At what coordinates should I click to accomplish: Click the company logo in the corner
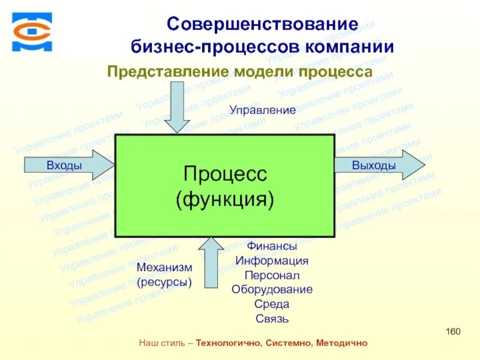click(x=32, y=32)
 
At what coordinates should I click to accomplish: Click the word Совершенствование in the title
click(x=262, y=25)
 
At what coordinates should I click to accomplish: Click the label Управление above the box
click(x=263, y=110)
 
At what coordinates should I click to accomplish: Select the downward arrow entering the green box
click(x=177, y=108)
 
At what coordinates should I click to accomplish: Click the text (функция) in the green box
click(x=224, y=199)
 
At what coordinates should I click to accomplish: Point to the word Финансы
click(x=272, y=246)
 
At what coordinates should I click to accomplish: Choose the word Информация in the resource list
click(x=272, y=261)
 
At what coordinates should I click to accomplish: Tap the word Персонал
click(x=272, y=275)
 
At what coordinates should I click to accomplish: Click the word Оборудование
click(x=272, y=289)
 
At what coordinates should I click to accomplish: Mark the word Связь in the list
click(x=272, y=318)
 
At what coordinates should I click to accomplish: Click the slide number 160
click(x=453, y=332)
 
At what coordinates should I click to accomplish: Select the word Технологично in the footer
click(x=229, y=343)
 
